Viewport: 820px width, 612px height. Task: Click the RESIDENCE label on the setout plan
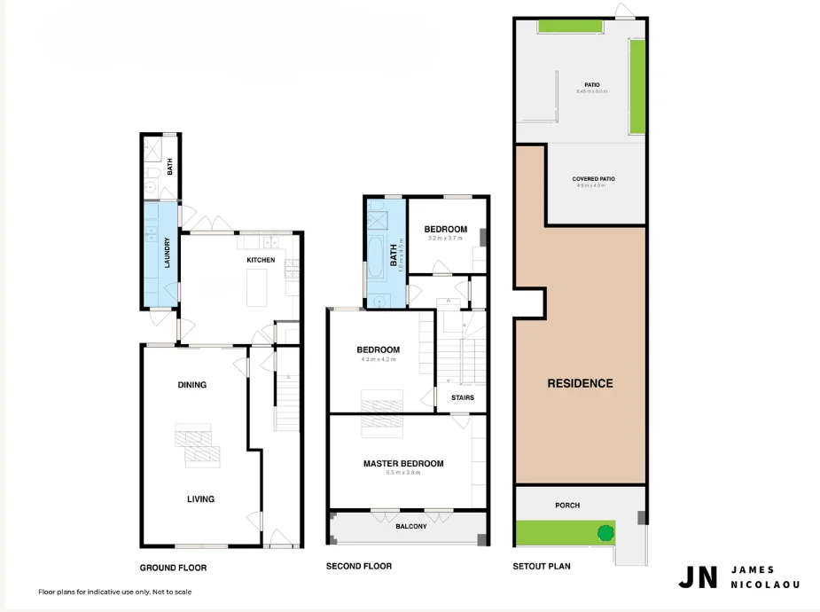tap(580, 383)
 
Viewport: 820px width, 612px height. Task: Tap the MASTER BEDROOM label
tap(403, 463)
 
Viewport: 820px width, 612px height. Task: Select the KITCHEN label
tap(261, 260)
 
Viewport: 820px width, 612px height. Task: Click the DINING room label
tap(191, 385)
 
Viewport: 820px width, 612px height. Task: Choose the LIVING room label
tap(200, 498)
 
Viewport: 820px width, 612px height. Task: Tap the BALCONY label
tap(410, 527)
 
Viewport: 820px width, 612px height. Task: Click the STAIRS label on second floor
tap(462, 397)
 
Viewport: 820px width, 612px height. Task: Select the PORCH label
tap(567, 505)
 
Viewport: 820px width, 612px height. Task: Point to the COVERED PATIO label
tap(595, 179)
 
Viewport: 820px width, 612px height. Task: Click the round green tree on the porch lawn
tap(605, 533)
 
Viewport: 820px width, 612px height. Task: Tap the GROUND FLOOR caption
tap(173, 568)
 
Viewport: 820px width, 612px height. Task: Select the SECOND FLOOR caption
tap(358, 566)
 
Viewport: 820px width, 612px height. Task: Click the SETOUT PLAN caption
tap(542, 566)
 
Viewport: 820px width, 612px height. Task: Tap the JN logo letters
tap(698, 577)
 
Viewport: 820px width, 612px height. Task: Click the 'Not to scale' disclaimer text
tap(168, 592)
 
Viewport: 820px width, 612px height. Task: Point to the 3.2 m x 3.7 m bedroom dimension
tap(445, 239)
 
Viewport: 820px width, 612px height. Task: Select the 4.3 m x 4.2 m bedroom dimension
tap(378, 359)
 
